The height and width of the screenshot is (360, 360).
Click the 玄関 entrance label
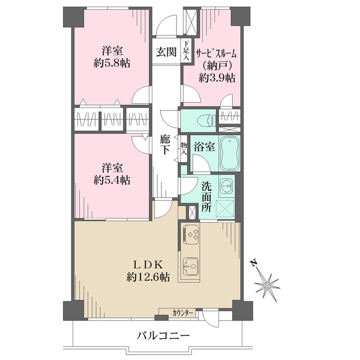[166, 52]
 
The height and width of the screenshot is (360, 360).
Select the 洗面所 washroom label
[206, 197]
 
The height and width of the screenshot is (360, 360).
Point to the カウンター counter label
[182, 313]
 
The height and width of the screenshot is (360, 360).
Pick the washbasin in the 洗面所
[226, 184]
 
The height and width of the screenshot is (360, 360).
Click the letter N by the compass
[254, 263]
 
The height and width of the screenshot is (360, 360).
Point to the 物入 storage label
[184, 148]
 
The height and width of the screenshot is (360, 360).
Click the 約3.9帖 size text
[218, 78]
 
